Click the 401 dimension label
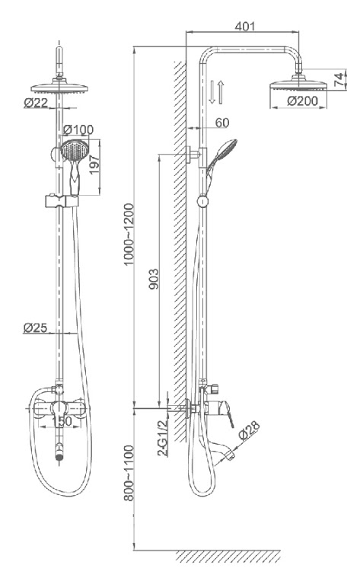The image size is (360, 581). [x=245, y=27]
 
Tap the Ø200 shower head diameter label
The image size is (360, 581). [x=302, y=101]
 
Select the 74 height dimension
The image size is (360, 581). [x=339, y=80]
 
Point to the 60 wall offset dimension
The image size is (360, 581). [x=222, y=123]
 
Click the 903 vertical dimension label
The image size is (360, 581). [x=154, y=279]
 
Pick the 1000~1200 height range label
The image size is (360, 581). [x=129, y=235]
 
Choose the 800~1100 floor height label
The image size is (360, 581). [x=129, y=473]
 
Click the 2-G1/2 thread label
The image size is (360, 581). [x=163, y=438]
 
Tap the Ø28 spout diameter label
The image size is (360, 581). [x=249, y=430]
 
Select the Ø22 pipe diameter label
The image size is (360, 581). [x=36, y=102]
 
